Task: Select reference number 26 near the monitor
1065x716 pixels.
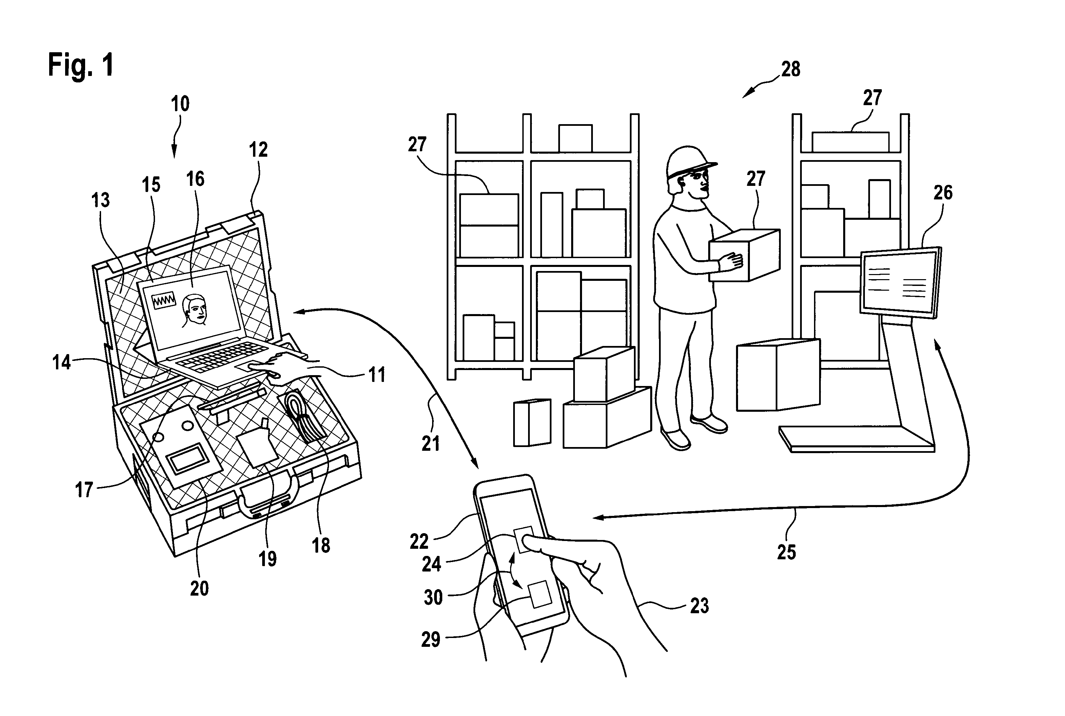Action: (x=943, y=193)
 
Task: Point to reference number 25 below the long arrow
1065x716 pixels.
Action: (x=786, y=552)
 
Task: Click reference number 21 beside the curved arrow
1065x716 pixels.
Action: (x=430, y=443)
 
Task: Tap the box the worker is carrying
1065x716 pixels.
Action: (x=744, y=255)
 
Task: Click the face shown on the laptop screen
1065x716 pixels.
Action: (x=194, y=310)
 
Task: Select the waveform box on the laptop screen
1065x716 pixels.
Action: (x=164, y=301)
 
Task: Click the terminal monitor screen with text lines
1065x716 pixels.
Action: (x=898, y=283)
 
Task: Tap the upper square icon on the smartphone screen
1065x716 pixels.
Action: (x=524, y=539)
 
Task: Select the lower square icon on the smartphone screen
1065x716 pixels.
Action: (x=540, y=594)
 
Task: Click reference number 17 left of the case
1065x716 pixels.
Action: (x=84, y=490)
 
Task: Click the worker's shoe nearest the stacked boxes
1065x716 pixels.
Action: (x=675, y=438)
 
